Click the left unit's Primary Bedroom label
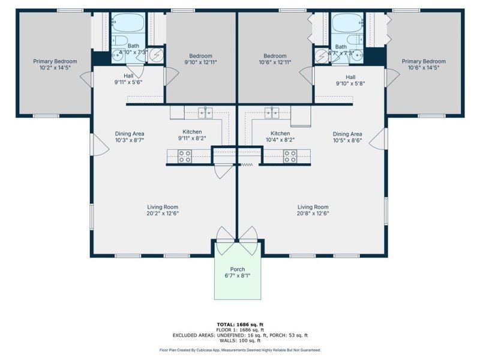[55, 64]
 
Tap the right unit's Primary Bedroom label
[424, 64]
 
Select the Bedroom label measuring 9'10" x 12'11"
[201, 58]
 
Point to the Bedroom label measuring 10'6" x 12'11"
[275, 58]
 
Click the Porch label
[238, 273]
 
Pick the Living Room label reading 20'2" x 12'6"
[163, 210]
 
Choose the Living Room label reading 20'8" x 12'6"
[313, 210]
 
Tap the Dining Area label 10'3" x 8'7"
[130, 137]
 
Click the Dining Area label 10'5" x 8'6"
[347, 137]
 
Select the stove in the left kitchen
[185, 157]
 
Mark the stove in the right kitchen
[290, 157]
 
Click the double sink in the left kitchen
[206, 112]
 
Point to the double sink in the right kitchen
[273, 112]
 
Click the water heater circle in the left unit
[156, 56]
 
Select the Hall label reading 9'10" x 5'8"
[350, 80]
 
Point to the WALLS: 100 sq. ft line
[239, 340]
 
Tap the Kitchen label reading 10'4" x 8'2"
[280, 137]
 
